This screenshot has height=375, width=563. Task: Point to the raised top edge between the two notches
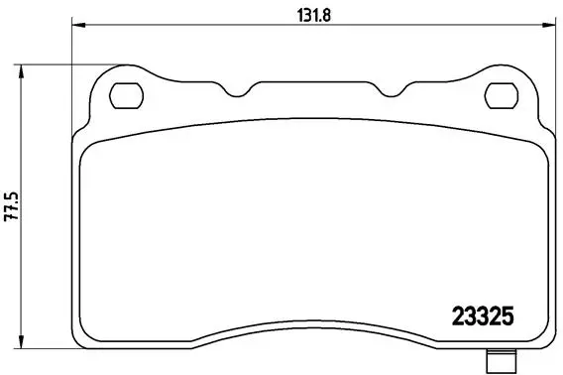[x=312, y=81]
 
